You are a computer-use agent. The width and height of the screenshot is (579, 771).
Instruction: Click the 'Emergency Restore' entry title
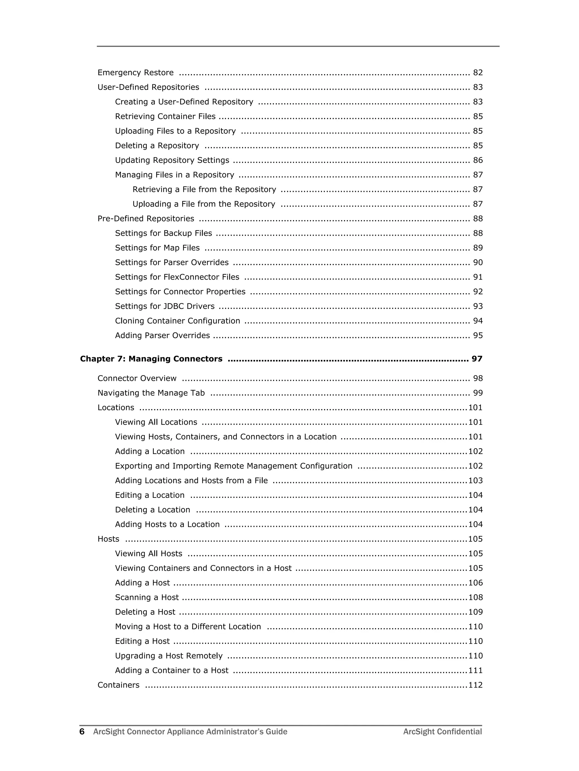[135, 72]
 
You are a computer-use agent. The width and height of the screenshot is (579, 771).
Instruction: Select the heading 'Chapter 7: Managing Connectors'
[151, 359]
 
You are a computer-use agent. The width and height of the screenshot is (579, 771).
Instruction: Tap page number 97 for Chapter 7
[477, 359]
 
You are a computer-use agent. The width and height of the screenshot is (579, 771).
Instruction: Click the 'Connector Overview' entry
[137, 378]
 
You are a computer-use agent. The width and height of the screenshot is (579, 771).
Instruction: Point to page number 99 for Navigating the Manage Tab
[478, 393]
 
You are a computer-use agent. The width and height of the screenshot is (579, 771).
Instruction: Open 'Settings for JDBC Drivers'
[165, 306]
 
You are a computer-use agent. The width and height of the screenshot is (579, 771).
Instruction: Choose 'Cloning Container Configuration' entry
[177, 321]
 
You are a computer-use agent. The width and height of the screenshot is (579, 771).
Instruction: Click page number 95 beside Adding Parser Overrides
[478, 335]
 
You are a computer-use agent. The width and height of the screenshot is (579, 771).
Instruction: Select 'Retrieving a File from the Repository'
[204, 189]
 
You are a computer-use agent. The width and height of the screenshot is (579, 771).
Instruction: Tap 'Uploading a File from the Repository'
[204, 204]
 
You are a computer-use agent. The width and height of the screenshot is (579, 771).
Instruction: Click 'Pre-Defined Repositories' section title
[146, 218]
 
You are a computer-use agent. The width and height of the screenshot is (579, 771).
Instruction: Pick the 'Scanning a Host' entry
[147, 598]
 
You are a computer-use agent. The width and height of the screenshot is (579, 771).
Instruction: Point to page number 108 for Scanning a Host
[475, 598]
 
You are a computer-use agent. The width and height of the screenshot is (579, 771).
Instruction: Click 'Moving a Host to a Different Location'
[188, 627]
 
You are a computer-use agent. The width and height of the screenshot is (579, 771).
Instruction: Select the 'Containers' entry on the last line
[118, 685]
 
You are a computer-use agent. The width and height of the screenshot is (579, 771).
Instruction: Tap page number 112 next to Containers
[475, 685]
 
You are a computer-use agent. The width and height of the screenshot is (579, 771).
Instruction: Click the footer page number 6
[82, 732]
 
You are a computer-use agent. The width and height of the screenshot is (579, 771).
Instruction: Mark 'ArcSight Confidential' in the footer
[442, 732]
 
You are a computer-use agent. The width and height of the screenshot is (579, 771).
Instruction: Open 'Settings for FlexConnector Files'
[177, 277]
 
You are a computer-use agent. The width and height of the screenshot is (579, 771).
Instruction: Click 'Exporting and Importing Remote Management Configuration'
[234, 466]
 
